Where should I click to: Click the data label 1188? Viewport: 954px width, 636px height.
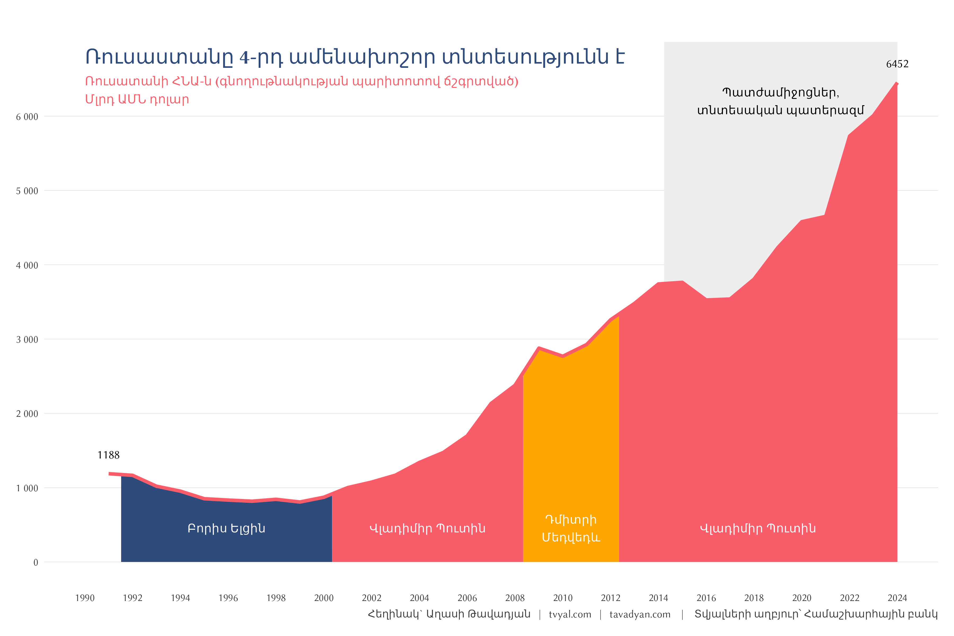pos(108,455)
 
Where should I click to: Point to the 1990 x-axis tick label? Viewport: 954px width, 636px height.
pos(85,598)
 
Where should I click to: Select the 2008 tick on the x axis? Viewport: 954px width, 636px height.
pos(515,598)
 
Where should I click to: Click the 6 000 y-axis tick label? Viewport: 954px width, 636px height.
pos(27,117)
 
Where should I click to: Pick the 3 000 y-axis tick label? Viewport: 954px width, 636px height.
pos(27,339)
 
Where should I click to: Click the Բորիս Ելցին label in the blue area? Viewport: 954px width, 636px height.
pos(226,528)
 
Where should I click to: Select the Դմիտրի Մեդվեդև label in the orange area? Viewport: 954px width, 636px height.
pos(571,528)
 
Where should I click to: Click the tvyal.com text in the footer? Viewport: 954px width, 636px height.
pos(570,615)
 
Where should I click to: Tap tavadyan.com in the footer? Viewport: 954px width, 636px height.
pos(640,615)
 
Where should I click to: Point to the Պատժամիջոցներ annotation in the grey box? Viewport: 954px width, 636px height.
pos(780,93)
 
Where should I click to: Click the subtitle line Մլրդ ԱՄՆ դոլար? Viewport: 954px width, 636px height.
pos(137,99)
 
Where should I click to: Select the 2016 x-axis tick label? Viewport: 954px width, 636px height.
pos(706,598)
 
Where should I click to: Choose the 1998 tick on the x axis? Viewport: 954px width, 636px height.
pos(276,598)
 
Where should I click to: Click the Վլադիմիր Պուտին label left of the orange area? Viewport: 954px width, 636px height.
pos(427,528)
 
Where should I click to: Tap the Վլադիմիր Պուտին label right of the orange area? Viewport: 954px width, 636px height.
pos(758,528)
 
